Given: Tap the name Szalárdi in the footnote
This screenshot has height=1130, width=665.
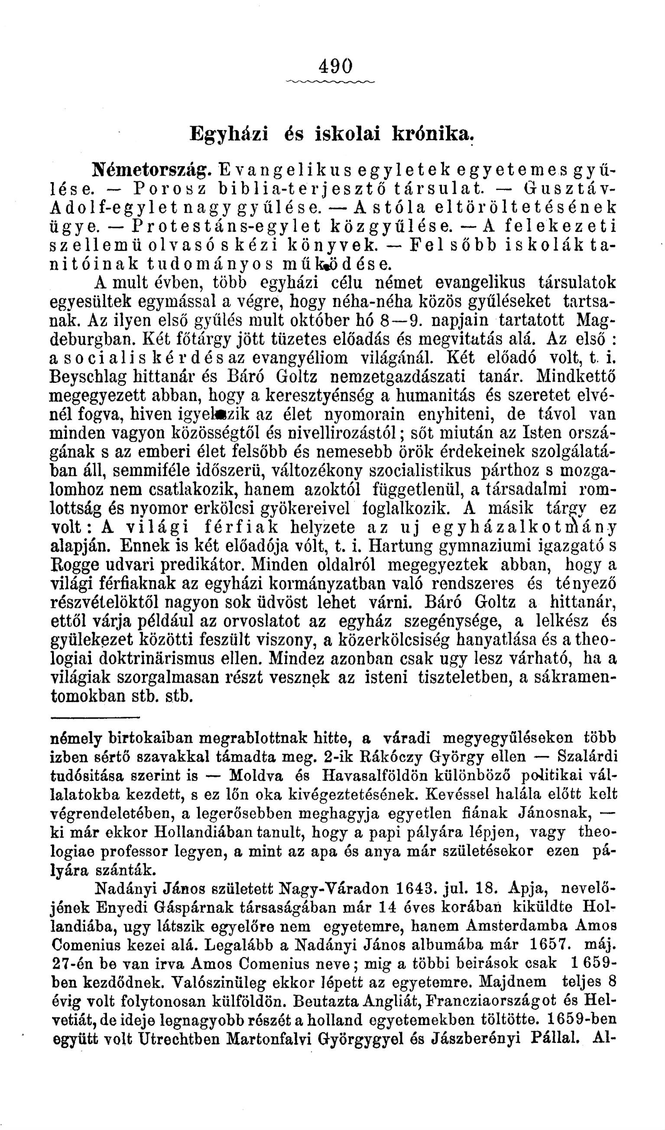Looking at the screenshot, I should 587,757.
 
